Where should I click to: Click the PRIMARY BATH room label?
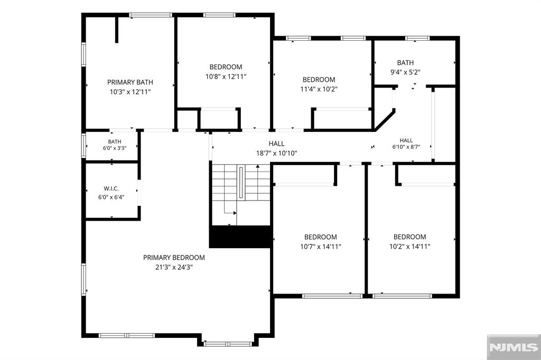130,82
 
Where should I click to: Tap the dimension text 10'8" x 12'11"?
226,77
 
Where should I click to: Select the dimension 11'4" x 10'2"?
319,89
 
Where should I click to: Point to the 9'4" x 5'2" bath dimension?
405,72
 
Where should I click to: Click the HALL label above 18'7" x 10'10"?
277,144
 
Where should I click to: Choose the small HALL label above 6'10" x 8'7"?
406,140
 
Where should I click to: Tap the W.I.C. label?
111,188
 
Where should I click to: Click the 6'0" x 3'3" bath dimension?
115,148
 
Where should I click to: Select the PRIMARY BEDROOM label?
174,258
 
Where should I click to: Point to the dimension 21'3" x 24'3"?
174,267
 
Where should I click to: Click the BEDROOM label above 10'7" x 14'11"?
321,237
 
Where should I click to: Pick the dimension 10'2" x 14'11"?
410,247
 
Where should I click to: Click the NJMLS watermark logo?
514,347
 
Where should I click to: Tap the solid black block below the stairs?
240,236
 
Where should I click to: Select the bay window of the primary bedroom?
228,344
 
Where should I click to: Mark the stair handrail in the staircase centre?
241,183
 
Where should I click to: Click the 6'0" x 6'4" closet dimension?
111,197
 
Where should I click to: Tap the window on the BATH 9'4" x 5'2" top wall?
417,38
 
